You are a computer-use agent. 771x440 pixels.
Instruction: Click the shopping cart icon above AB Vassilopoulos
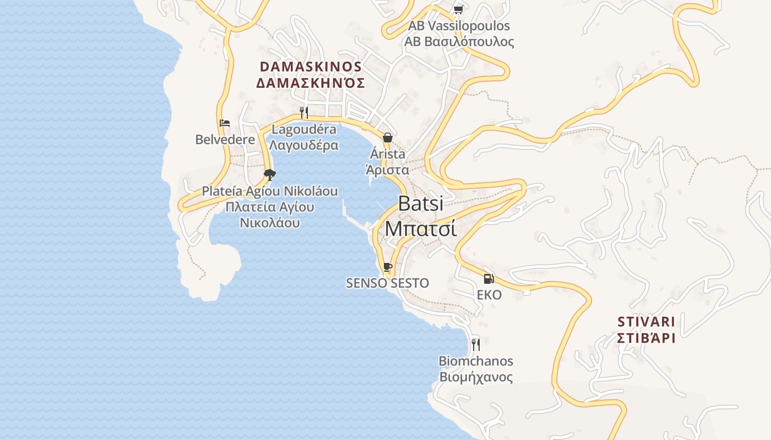pyautogui.click(x=458, y=9)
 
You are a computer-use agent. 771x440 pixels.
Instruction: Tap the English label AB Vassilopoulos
pyautogui.click(x=459, y=26)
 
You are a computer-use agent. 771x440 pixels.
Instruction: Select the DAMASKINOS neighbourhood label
pyautogui.click(x=311, y=67)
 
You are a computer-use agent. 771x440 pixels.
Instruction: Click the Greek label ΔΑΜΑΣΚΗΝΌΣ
pyautogui.click(x=311, y=83)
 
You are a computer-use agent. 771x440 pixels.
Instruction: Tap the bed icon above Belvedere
pyautogui.click(x=225, y=123)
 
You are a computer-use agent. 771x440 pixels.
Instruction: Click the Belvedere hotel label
pyautogui.click(x=225, y=140)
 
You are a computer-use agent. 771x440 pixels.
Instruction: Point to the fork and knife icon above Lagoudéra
pyautogui.click(x=303, y=113)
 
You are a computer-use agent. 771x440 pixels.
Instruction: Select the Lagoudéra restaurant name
pyautogui.click(x=304, y=130)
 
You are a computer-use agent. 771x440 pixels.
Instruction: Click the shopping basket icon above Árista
pyautogui.click(x=388, y=137)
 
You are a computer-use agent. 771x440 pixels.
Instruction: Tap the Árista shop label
pyautogui.click(x=388, y=154)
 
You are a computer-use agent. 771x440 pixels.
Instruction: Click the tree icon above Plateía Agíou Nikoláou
pyautogui.click(x=270, y=175)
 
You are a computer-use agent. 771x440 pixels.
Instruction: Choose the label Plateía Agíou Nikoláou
pyautogui.click(x=270, y=191)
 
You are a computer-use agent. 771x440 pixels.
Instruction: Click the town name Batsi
pyautogui.click(x=421, y=204)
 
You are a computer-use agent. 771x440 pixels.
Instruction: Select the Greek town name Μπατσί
pyautogui.click(x=421, y=228)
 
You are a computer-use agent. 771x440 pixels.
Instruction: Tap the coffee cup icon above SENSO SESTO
pyautogui.click(x=388, y=267)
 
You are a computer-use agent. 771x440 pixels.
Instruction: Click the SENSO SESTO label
pyautogui.click(x=387, y=283)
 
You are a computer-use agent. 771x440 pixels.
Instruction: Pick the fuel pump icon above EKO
pyautogui.click(x=489, y=279)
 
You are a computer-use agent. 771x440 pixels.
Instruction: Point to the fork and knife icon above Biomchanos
pyautogui.click(x=476, y=345)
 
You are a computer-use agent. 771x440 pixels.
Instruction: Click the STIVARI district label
pyautogui.click(x=646, y=321)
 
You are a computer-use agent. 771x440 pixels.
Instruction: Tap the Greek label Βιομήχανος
pyautogui.click(x=476, y=377)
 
